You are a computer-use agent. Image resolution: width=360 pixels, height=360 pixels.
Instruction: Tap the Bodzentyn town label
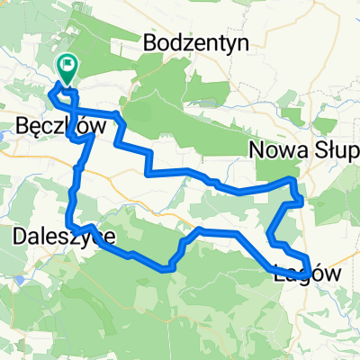(x=187, y=42)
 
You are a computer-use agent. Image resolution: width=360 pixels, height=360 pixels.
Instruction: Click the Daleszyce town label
(x=64, y=237)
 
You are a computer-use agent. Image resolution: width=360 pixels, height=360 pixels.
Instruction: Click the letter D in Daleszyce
(x=22, y=237)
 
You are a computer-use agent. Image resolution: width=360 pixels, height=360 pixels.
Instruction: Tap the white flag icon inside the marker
(x=67, y=64)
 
